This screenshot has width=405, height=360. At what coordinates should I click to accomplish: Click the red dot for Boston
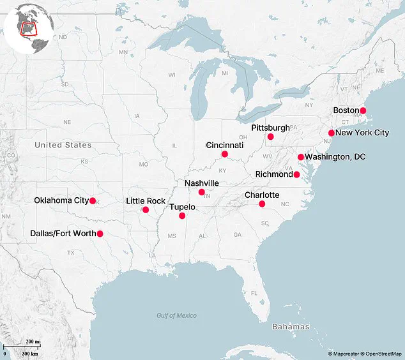click(363, 110)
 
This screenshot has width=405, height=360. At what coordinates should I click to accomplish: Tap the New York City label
click(362, 133)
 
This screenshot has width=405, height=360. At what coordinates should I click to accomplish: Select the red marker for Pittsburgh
click(270, 137)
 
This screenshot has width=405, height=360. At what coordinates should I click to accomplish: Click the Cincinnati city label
click(224, 145)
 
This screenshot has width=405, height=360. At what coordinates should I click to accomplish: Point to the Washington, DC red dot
click(300, 157)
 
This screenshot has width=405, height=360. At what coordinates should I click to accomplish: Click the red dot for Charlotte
click(262, 204)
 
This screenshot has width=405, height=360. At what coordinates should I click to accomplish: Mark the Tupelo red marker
click(182, 216)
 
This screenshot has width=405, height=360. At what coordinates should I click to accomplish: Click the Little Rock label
click(146, 201)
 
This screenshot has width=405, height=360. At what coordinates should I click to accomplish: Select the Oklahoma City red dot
click(93, 200)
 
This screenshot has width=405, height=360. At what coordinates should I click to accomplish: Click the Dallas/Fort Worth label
click(62, 234)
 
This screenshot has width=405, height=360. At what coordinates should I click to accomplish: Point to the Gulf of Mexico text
click(176, 315)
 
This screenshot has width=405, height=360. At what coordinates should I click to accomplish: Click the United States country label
click(63, 145)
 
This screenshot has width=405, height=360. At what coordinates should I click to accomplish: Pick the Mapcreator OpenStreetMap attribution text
click(363, 353)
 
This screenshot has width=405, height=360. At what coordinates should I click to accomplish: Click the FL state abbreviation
click(254, 293)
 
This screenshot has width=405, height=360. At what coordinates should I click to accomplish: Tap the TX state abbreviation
click(71, 253)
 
